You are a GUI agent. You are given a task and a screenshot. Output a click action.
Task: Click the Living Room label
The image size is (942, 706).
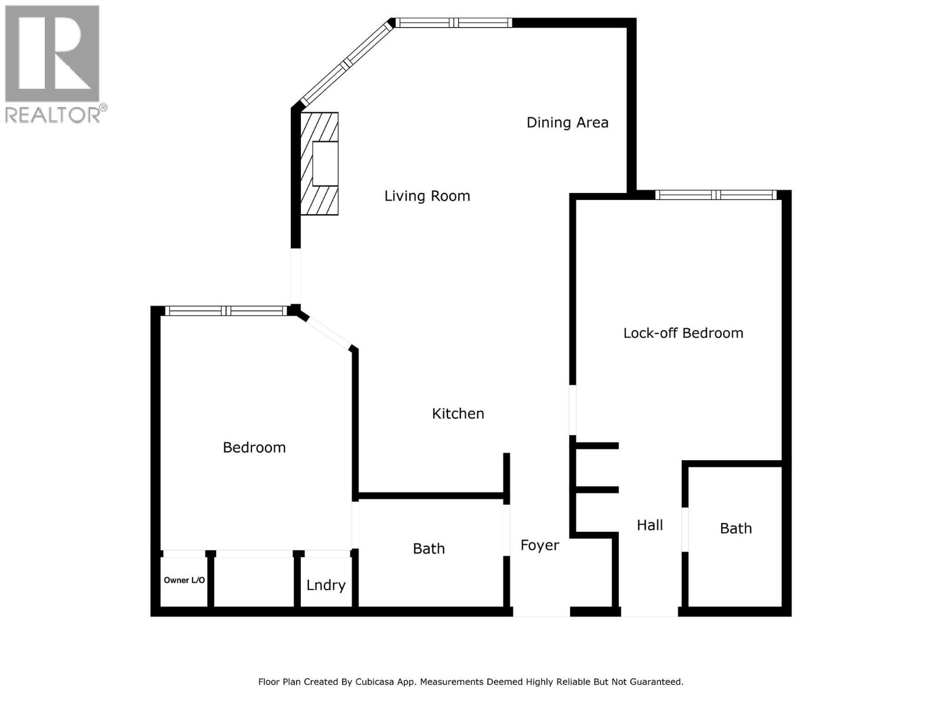427,196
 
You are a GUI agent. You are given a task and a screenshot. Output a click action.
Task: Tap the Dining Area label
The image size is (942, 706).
567,122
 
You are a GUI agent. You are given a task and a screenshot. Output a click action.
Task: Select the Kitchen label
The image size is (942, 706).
457,414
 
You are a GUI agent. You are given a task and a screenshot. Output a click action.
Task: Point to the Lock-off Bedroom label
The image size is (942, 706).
683,333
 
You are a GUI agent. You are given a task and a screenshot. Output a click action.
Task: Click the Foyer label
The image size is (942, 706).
539,545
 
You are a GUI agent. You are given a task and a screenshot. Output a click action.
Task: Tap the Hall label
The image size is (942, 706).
649,525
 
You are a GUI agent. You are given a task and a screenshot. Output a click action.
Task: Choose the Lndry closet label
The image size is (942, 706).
326,585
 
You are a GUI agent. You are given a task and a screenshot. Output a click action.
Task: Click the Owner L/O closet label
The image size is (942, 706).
184,580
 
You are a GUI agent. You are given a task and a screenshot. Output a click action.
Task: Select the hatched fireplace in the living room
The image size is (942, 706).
319,164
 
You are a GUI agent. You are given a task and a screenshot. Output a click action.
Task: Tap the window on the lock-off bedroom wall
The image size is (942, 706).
716,195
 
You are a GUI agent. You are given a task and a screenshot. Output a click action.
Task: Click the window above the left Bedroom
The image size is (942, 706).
226,311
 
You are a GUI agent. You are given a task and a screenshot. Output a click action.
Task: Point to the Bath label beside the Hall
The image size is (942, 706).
735,528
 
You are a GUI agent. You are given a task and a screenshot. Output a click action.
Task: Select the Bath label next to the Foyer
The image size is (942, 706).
429,549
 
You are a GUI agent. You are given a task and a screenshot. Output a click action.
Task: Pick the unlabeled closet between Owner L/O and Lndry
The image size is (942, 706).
254,580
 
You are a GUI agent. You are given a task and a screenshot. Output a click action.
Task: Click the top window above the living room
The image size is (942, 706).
453,23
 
